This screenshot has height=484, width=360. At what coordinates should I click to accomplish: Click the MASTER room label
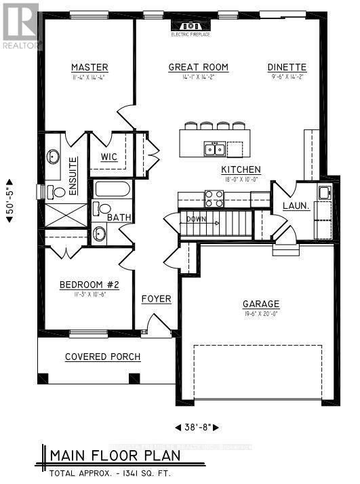point(90,67)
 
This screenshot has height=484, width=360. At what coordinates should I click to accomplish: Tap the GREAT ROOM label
point(198,67)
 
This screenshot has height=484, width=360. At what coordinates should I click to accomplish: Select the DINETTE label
point(287,67)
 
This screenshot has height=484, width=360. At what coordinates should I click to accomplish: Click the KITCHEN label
point(241,169)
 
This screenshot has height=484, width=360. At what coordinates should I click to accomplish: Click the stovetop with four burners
point(214,198)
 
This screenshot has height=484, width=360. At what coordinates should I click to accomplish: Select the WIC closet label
point(109,157)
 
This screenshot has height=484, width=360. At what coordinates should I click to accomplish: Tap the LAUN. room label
point(296,205)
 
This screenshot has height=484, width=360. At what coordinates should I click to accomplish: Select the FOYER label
point(156,299)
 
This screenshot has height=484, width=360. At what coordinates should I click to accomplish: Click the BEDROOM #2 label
point(89,285)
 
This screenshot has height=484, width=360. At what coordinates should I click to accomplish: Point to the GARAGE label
point(260,304)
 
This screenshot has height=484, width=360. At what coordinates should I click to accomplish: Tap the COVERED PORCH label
point(102,357)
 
